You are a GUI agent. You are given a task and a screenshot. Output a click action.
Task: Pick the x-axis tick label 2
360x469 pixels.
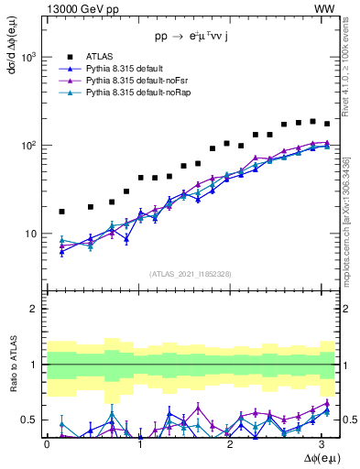click(231, 443)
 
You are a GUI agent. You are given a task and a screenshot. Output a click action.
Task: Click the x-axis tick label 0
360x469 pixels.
click(47, 443)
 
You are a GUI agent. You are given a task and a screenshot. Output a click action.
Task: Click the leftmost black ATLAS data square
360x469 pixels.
click(61, 212)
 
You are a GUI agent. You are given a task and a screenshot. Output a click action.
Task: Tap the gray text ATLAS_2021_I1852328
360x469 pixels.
click(191, 273)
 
